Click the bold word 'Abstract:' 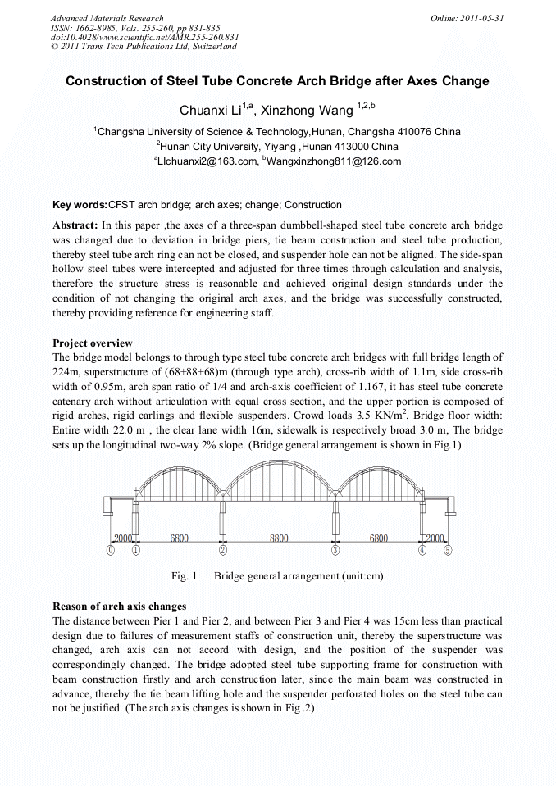75,225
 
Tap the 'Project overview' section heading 92,343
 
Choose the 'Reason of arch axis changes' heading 120,607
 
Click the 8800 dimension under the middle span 279,538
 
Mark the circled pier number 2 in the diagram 222,551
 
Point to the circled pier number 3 335,551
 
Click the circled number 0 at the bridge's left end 111,551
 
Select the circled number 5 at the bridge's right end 447,551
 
